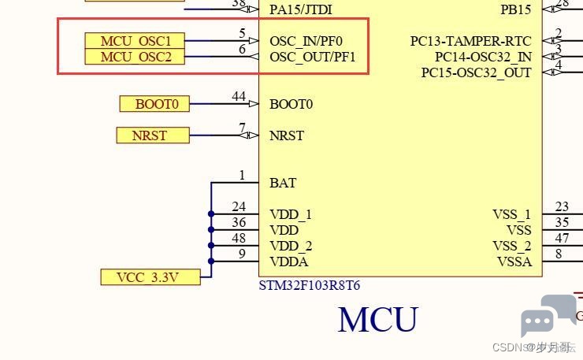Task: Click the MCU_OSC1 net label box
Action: tap(135, 40)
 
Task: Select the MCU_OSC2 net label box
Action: tap(135, 57)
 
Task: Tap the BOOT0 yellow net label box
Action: tap(154, 104)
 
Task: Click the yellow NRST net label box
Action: tap(153, 135)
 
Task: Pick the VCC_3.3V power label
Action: tap(150, 277)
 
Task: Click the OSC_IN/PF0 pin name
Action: tap(306, 41)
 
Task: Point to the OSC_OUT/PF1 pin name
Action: tap(312, 57)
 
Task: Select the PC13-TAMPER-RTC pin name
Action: tap(470, 41)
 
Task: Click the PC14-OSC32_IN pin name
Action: tap(484, 57)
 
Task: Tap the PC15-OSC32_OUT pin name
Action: tap(477, 72)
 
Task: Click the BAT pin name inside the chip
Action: tap(283, 183)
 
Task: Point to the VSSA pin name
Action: tap(514, 262)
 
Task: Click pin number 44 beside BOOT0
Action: tap(239, 96)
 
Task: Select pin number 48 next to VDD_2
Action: tap(239, 238)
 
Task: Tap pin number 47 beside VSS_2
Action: tap(562, 238)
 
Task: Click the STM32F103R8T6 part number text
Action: tap(310, 286)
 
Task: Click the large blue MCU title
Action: tap(378, 320)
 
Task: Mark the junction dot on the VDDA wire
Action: tap(211, 261)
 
